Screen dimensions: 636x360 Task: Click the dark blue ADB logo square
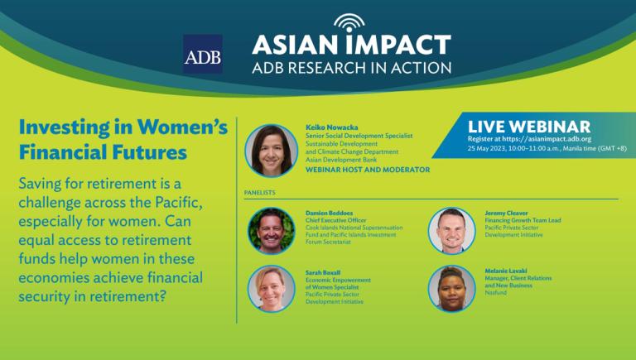[x=203, y=54]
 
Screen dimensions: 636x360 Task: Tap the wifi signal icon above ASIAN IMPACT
[x=349, y=22]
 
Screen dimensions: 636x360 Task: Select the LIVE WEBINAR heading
[x=529, y=127]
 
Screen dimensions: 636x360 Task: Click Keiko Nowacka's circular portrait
[x=272, y=151]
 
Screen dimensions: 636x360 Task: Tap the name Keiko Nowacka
[x=332, y=127]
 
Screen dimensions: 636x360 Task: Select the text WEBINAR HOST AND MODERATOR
[x=368, y=170]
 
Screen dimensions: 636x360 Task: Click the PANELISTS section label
[x=259, y=193]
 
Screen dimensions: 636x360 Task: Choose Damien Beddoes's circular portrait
[x=272, y=231]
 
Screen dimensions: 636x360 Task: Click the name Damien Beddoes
[x=329, y=213]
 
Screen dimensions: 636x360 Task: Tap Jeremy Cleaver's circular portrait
[x=451, y=231]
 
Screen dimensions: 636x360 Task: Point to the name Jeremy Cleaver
[x=506, y=213]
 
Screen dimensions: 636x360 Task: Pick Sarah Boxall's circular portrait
[x=272, y=289]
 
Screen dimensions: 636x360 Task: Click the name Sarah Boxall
[x=323, y=273]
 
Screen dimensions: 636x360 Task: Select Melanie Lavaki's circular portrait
[x=451, y=289]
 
